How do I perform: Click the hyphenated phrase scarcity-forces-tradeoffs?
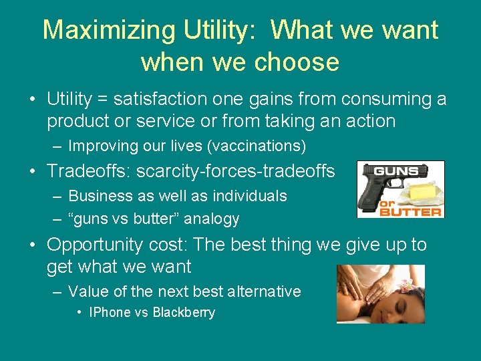tap(235, 172)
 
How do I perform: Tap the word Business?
tap(96, 196)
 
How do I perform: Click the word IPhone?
tap(109, 312)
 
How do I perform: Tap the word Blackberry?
tap(184, 312)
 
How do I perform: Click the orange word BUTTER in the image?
tap(410, 212)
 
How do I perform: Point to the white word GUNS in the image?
tap(396, 170)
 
